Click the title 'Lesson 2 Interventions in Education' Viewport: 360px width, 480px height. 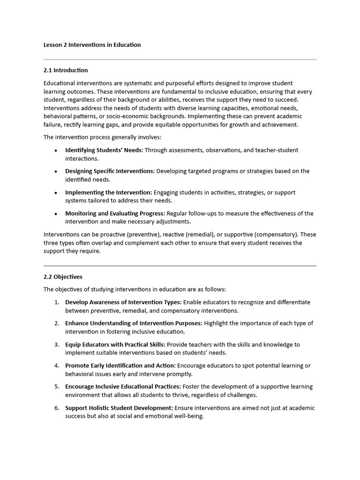(92, 45)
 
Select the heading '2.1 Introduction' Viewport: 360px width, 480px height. (66, 70)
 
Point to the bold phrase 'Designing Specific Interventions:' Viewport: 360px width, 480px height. (110, 171)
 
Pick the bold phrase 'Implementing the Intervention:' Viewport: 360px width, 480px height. (108, 192)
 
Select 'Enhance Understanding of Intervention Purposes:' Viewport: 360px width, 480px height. (134, 323)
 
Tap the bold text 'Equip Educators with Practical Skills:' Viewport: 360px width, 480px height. (115, 345)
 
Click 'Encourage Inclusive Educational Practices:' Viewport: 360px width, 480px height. (123, 387)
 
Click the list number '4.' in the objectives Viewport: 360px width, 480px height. (56, 366)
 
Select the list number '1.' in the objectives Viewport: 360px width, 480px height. (56, 302)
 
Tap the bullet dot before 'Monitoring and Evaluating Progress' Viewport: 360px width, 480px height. (56, 214)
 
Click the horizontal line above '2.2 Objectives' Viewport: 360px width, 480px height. (180, 266)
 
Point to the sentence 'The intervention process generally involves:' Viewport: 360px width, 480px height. (102, 137)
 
